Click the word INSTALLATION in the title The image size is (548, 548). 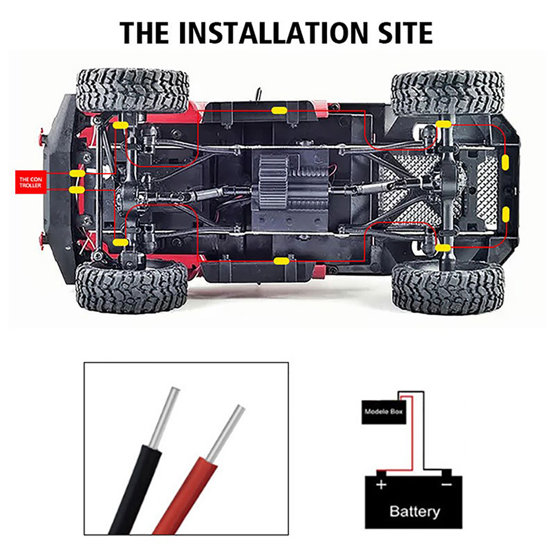[x=272, y=33]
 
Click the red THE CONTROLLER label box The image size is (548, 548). [x=30, y=182]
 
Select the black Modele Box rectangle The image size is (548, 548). [x=384, y=412]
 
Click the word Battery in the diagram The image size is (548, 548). [x=414, y=511]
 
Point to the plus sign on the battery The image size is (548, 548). [x=381, y=485]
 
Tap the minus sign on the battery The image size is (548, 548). [x=446, y=484]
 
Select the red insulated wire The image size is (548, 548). [x=185, y=497]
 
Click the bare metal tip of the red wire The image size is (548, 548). [x=226, y=434]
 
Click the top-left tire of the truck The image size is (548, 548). [x=133, y=90]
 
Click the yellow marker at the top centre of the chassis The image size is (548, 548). [x=279, y=110]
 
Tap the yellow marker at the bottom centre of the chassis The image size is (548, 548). [x=282, y=262]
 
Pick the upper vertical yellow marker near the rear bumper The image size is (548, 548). [x=505, y=162]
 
